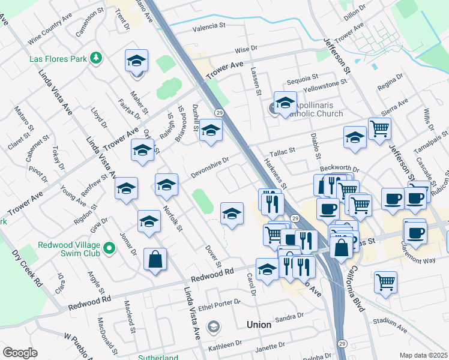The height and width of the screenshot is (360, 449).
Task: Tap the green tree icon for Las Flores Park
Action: coord(96,58)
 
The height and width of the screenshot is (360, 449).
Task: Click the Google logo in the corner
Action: coord(20,353)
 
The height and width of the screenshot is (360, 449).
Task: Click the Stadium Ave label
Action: coord(390,325)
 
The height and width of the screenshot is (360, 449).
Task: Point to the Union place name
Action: coord(259,325)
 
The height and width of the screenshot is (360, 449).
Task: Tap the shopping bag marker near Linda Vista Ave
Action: coord(155,259)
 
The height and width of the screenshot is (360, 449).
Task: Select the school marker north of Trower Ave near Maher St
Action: coord(137,61)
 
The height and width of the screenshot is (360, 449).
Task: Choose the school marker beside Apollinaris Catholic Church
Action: coord(285,101)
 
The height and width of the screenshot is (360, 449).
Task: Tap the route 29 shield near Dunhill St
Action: coord(220,113)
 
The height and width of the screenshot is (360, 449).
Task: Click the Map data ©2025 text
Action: coord(424,355)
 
